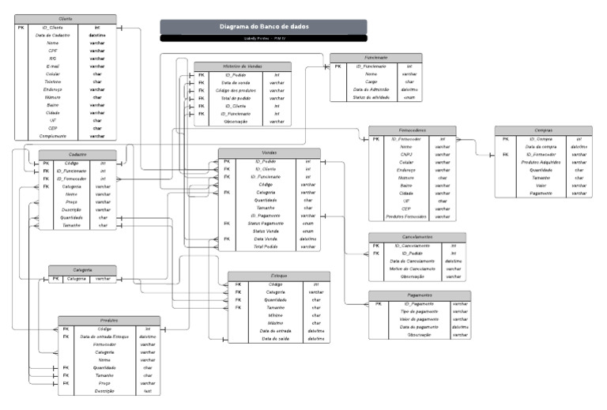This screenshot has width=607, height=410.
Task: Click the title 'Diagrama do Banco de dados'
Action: coord(263,26)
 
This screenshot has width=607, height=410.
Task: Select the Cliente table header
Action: coord(65,18)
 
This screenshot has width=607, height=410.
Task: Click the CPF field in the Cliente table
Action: coord(53,51)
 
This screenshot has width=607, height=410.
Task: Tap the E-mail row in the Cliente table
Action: coord(53,66)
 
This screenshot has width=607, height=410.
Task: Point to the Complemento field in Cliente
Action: coord(53,136)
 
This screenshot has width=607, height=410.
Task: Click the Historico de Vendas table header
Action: coord(243,66)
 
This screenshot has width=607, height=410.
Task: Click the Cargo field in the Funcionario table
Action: coord(370,82)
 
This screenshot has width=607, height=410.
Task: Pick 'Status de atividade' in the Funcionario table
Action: coord(370,98)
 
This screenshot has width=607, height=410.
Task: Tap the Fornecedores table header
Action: coord(412,130)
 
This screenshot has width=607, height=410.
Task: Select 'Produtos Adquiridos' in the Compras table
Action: coord(541,162)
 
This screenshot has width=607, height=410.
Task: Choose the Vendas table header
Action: coord(269,153)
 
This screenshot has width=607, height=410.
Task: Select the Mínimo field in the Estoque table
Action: coord(276,315)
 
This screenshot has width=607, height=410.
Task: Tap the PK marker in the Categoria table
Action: coord(55,279)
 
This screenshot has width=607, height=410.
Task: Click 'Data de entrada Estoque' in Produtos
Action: coord(104,337)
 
